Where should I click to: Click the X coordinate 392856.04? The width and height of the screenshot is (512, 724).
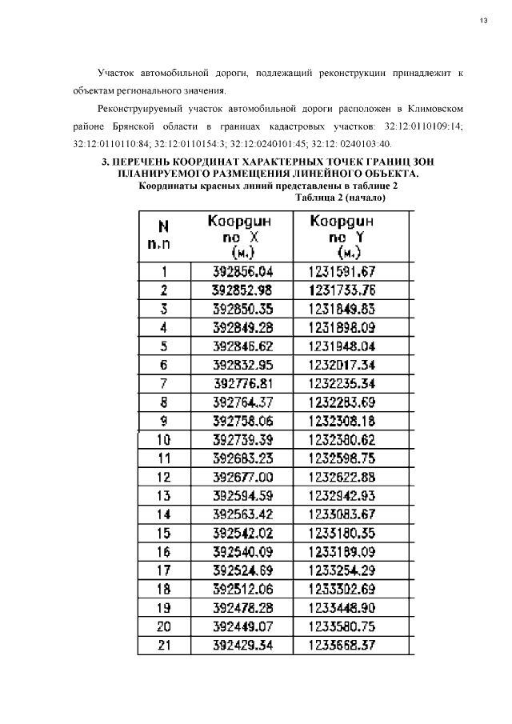(242, 271)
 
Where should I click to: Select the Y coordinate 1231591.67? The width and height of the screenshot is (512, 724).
(342, 271)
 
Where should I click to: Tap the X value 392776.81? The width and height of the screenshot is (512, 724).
(242, 383)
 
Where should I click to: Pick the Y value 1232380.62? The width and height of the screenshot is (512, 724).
(342, 439)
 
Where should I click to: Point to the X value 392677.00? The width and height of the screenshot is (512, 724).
(242, 476)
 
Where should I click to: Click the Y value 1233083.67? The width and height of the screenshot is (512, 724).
(342, 514)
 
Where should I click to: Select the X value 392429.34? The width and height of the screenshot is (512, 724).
(242, 645)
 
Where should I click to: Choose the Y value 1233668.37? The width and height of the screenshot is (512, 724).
(342, 645)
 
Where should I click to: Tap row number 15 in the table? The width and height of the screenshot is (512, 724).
(163, 533)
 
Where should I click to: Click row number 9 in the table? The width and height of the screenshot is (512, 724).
(163, 420)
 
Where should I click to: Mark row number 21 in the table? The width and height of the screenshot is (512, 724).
(163, 645)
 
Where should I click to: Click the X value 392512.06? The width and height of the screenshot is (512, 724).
(242, 589)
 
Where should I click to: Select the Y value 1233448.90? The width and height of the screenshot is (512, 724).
(342, 607)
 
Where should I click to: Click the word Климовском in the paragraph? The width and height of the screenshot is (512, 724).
(434, 108)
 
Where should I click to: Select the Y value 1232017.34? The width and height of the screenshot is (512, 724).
(342, 365)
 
